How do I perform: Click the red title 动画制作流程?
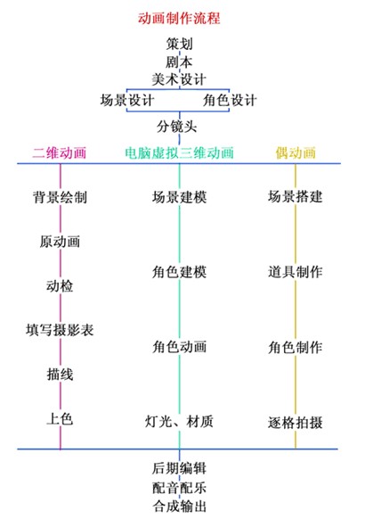pyautogui.click(x=179, y=18)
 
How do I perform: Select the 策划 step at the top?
pyautogui.click(x=179, y=44)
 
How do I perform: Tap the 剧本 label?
pyautogui.click(x=179, y=62)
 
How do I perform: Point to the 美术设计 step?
pyautogui.click(x=179, y=79)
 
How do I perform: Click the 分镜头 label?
pyautogui.click(x=177, y=127)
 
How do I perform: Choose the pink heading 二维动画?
pyautogui.click(x=60, y=152)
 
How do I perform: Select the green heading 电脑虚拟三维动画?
pyautogui.click(x=179, y=152)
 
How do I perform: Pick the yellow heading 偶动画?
pyautogui.click(x=296, y=152)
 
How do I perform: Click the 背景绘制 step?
pyautogui.click(x=60, y=197)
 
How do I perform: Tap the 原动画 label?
pyautogui.click(x=60, y=242)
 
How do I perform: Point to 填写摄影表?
pyautogui.click(x=60, y=330)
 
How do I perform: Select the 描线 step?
pyautogui.click(x=60, y=375)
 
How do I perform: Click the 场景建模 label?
pyautogui.click(x=179, y=197)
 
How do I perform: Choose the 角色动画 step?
pyautogui.click(x=179, y=347)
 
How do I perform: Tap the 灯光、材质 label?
pyautogui.click(x=179, y=422)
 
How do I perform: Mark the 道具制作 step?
pyautogui.click(x=296, y=272)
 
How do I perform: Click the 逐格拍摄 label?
pyautogui.click(x=296, y=423)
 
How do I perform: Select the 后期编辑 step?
pyautogui.click(x=179, y=468)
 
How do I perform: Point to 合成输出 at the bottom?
pyautogui.click(x=179, y=507)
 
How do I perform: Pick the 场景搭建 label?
pyautogui.click(x=296, y=196)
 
